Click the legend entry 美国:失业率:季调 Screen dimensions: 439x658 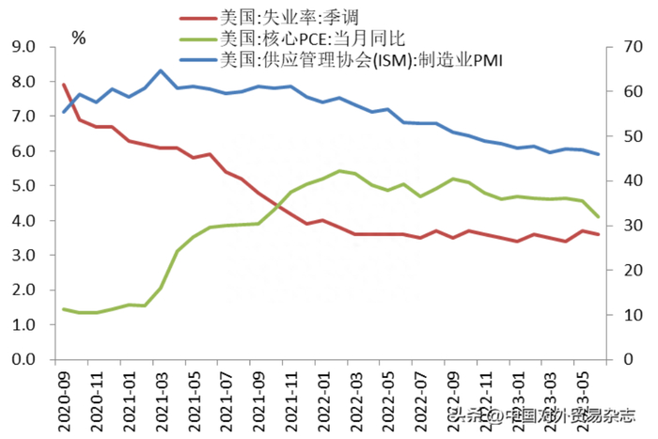pos(274,15)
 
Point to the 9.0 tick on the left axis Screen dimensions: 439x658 pos(23,47)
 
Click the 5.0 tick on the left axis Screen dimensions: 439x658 pos(23,186)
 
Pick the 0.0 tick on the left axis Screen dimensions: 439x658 pos(23,360)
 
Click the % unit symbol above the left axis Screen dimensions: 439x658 pos(79,38)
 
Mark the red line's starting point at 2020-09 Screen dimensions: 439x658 pos(63,85)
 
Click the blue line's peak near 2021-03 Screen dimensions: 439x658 pos(161,71)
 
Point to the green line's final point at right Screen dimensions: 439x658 pos(598,216)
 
